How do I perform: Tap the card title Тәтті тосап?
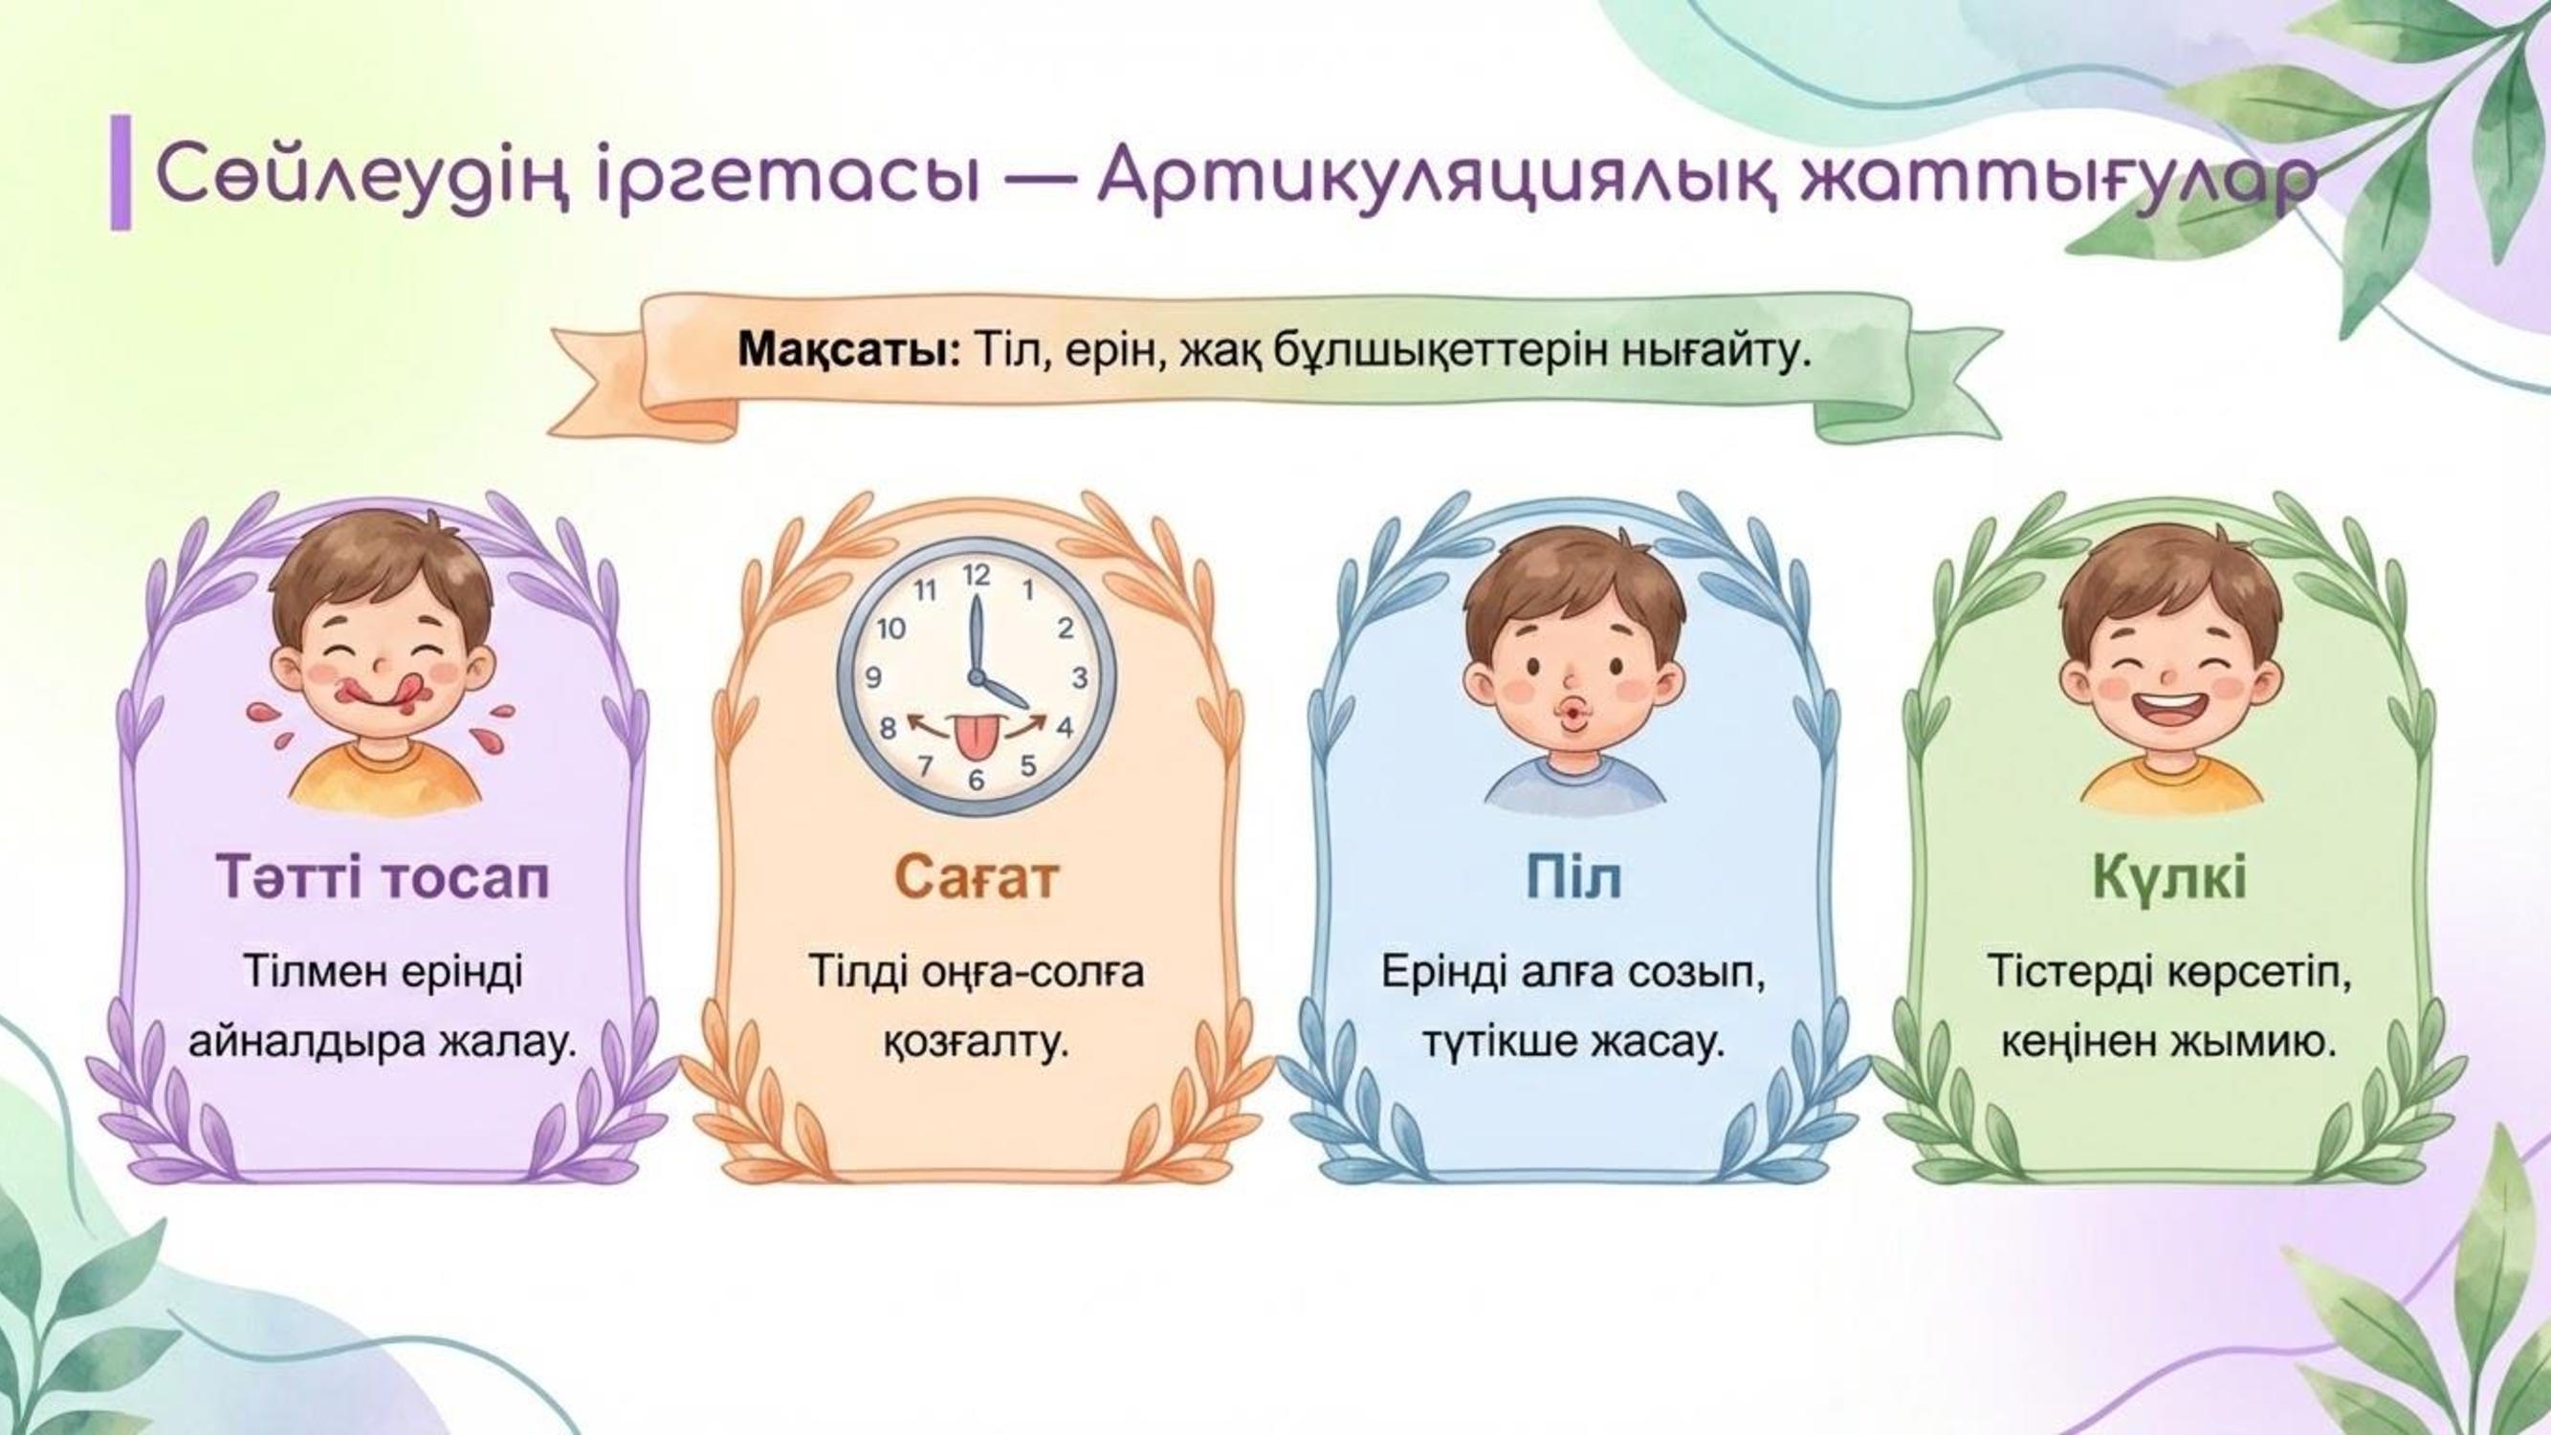pos(383,877)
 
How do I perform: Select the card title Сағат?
pos(977,877)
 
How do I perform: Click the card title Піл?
pos(1573,877)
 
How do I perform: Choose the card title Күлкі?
pos(2167,878)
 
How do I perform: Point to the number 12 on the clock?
pos(977,575)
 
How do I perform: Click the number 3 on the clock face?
pos(1080,677)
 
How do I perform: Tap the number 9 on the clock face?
pos(873,677)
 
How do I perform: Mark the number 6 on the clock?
pos(977,781)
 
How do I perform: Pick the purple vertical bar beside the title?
pos(120,172)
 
